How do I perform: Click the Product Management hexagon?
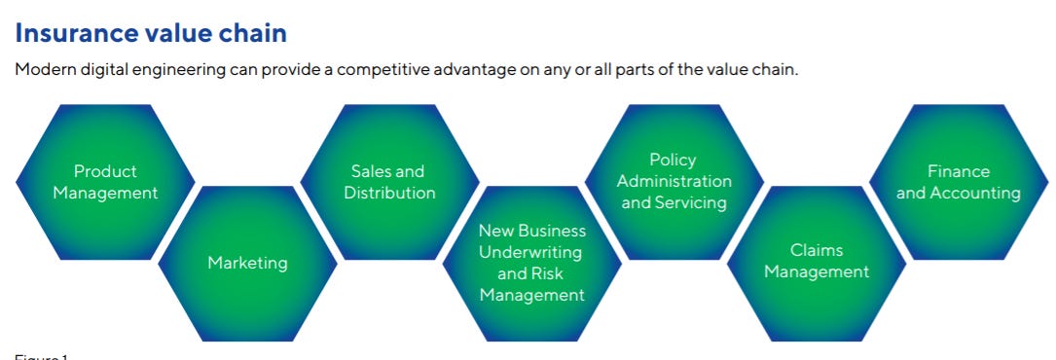pyautogui.click(x=105, y=182)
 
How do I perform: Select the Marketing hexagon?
pyautogui.click(x=247, y=263)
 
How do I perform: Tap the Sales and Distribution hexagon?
pyautogui.click(x=389, y=182)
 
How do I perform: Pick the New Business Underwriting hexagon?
pyautogui.click(x=531, y=263)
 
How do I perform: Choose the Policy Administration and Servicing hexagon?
pyautogui.click(x=674, y=182)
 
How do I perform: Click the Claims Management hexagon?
pyautogui.click(x=816, y=263)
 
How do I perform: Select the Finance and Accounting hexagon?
pyautogui.click(x=959, y=182)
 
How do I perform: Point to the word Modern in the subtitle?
pyautogui.click(x=46, y=70)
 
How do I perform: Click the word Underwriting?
pyautogui.click(x=532, y=252)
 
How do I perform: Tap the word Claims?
pyautogui.click(x=817, y=250)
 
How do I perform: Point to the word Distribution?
pyautogui.click(x=389, y=193)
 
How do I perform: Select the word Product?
pyautogui.click(x=105, y=171)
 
